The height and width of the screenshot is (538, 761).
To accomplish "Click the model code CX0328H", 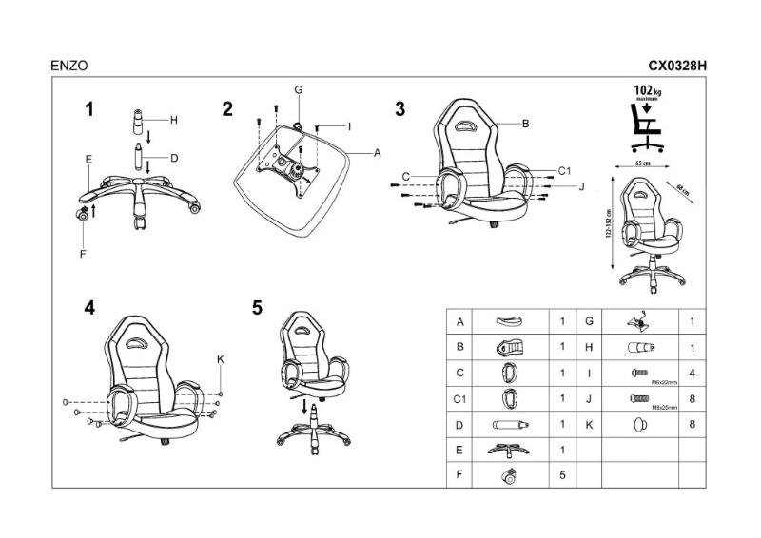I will tap(678, 67).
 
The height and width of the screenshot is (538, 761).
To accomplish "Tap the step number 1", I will tap(89, 109).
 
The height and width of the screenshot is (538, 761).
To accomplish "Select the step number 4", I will tap(89, 308).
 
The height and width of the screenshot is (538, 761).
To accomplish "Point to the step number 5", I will tap(258, 308).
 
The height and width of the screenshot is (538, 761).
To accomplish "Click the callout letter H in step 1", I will tap(174, 121).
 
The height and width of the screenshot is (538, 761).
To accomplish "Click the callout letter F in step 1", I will tap(84, 254).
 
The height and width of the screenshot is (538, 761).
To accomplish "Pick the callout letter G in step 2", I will tap(298, 90).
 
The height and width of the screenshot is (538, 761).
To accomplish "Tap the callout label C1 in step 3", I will tap(563, 170).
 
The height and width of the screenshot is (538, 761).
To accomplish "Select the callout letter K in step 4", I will tap(220, 358).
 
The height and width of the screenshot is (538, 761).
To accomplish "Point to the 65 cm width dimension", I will tap(642, 163).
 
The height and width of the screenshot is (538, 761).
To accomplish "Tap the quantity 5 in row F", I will tap(563, 474).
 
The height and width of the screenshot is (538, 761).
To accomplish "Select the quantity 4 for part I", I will tap(692, 374).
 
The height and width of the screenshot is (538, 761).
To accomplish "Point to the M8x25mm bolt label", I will tap(664, 407).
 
